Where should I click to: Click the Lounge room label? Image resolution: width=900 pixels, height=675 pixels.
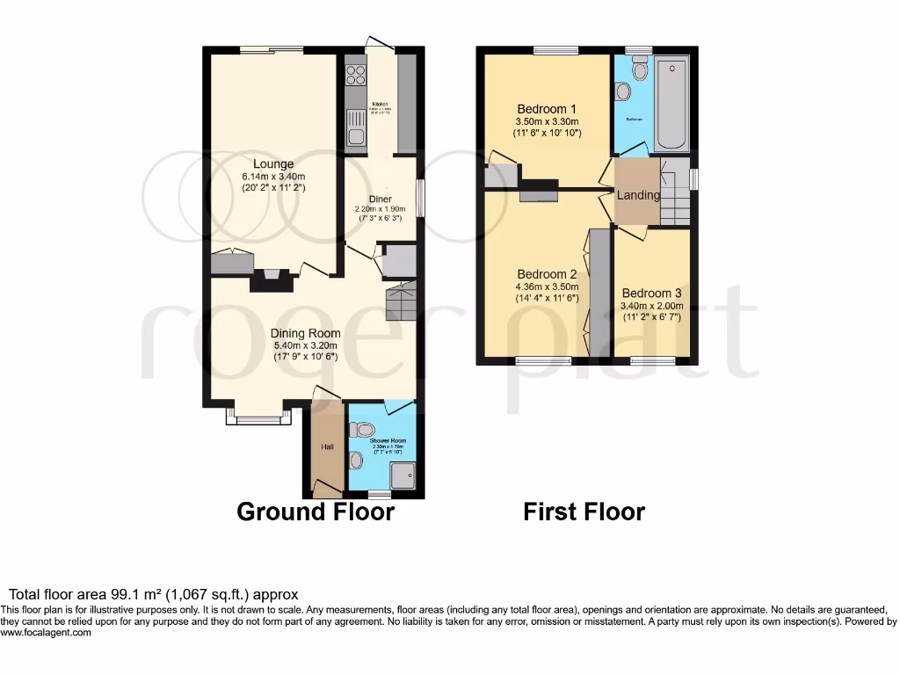tap(273, 163)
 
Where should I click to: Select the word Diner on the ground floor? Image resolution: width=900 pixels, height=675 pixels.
tap(380, 199)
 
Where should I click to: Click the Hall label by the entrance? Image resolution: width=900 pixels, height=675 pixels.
tap(327, 447)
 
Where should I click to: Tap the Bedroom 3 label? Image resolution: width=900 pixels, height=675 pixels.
tap(651, 293)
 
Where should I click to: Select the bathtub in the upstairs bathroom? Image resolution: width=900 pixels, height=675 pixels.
tap(673, 104)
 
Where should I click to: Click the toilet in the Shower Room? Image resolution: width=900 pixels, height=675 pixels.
tap(361, 430)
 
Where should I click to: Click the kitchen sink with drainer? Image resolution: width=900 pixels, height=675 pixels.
tap(356, 128)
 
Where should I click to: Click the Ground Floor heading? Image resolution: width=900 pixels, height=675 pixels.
tap(316, 512)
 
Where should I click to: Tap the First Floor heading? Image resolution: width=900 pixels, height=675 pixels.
tap(584, 512)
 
